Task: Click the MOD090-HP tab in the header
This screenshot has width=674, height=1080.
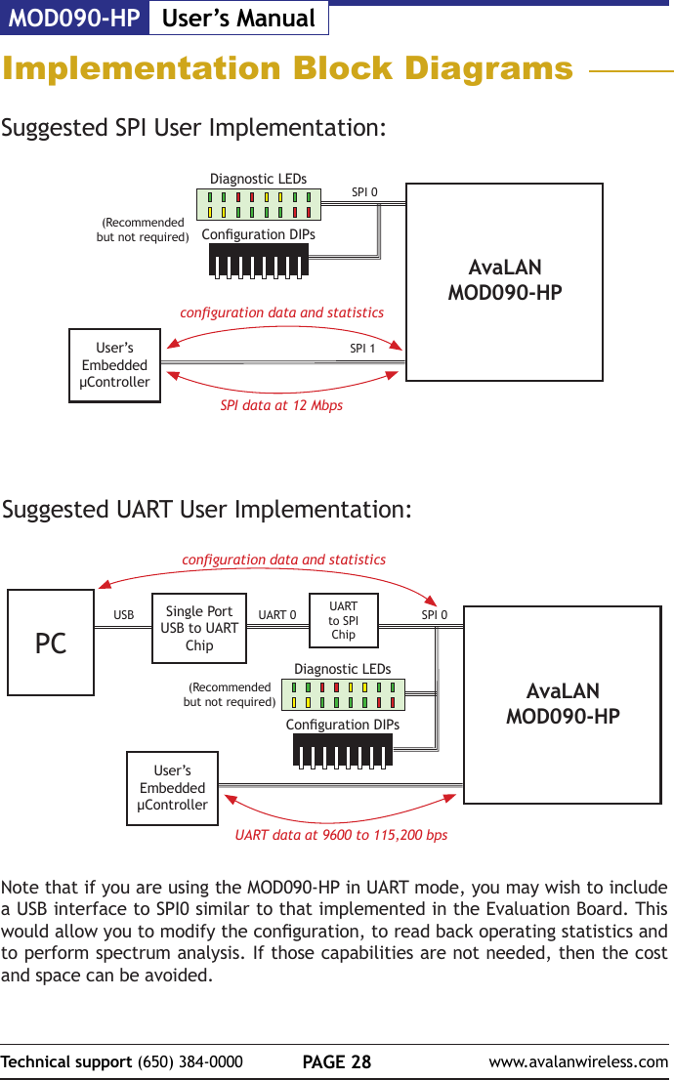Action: coord(74,18)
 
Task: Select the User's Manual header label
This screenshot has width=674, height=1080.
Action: coord(238,18)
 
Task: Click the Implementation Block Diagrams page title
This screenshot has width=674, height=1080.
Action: coord(287,69)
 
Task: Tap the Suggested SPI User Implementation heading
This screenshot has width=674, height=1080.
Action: coord(193,128)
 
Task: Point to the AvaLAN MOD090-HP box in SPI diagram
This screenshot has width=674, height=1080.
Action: coord(504,281)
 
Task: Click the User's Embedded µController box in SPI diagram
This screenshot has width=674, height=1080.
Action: coord(114,365)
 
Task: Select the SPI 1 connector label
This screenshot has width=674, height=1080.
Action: coord(363,348)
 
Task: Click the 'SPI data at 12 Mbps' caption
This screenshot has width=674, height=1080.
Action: coord(281,405)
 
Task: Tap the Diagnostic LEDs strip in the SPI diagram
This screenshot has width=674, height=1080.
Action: coord(259,204)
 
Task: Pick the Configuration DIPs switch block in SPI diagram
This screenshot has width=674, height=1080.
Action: coord(259,260)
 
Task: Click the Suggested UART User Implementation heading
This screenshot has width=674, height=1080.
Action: coord(207,510)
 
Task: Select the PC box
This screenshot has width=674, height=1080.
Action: coord(51,643)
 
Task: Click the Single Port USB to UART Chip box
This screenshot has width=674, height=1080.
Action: coord(199,629)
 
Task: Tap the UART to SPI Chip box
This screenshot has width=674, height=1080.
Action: coord(343,620)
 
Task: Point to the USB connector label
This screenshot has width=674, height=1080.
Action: coord(124,616)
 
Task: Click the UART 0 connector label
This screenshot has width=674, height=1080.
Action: coord(277,616)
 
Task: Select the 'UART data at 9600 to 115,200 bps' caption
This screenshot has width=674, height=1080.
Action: coord(341,836)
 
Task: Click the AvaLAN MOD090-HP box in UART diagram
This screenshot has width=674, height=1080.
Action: coord(562,704)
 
